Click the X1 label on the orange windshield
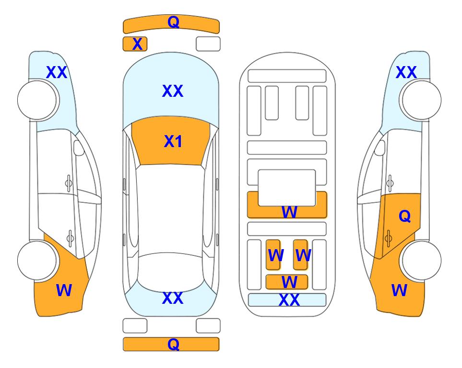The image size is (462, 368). (173, 141)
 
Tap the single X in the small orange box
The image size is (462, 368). (137, 44)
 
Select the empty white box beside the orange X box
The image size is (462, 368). (208, 44)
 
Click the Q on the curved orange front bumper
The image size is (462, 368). (173, 22)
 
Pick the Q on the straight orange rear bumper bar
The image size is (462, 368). (173, 344)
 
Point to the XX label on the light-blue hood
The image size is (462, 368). (173, 91)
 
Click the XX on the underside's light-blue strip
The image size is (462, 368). (289, 300)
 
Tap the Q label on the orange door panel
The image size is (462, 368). (404, 216)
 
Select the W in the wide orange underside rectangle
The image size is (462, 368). (289, 212)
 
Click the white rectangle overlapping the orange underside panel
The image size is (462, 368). (287, 188)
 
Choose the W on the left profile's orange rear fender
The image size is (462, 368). (64, 290)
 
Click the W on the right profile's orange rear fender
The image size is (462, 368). (399, 290)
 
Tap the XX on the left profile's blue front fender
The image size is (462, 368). (57, 72)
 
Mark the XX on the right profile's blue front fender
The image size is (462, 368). (406, 72)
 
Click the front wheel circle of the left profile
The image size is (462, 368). (37, 100)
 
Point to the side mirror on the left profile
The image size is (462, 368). (79, 148)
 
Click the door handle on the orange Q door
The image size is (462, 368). (388, 238)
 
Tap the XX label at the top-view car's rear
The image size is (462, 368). (173, 298)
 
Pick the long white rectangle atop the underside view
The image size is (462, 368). (287, 76)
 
